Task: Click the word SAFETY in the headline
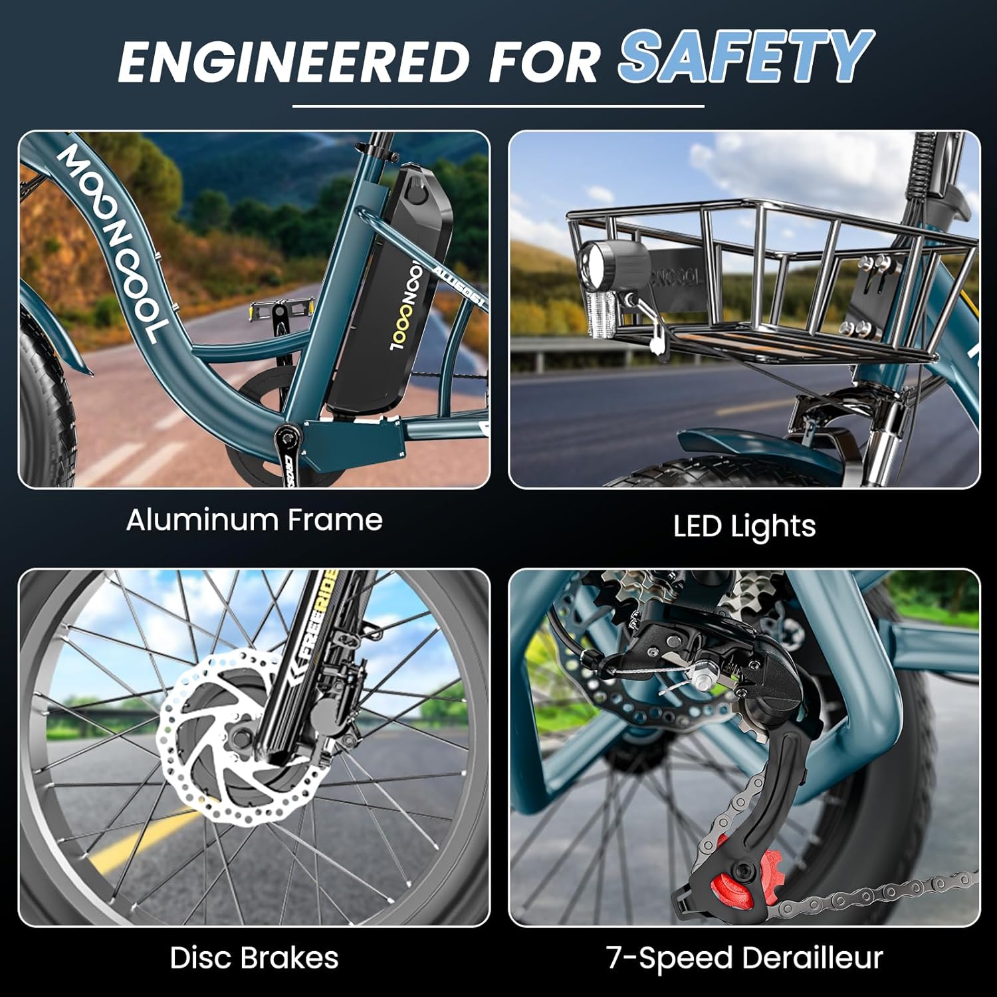[746, 57]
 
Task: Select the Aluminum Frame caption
[255, 520]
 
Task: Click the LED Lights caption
[744, 526]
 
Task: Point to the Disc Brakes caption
[254, 958]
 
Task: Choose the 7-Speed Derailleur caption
[744, 958]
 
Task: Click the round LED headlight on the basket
[611, 266]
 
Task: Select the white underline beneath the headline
[498, 106]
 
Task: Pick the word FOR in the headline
[544, 61]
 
